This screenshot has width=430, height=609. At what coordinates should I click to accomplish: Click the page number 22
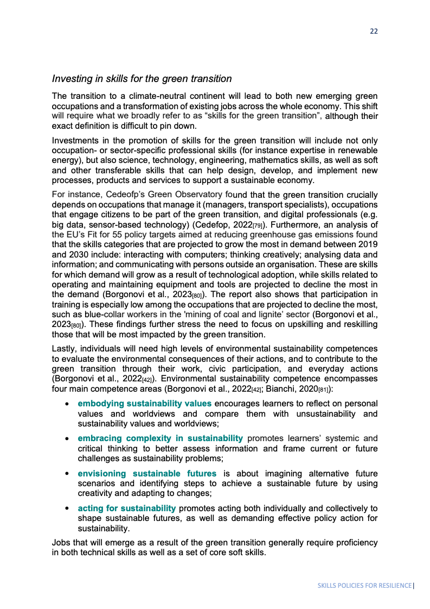click(374, 31)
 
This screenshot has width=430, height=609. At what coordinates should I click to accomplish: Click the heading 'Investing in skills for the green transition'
click(142, 79)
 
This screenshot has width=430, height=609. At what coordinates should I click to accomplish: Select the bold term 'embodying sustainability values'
click(145, 404)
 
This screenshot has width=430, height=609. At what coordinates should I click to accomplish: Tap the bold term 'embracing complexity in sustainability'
click(160, 438)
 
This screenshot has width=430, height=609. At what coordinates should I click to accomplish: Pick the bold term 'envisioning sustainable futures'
click(147, 474)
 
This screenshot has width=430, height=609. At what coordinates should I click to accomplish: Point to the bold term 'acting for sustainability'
click(127, 508)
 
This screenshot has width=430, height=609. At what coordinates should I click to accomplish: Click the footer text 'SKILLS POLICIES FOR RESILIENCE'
click(364, 586)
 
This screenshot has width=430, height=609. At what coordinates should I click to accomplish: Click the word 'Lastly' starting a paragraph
click(65, 348)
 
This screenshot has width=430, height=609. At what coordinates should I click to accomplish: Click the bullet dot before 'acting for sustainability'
click(66, 509)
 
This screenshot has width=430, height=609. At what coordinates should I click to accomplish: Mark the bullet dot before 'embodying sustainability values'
click(66, 404)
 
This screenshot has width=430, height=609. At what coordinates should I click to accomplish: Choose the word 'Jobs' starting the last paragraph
click(61, 543)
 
